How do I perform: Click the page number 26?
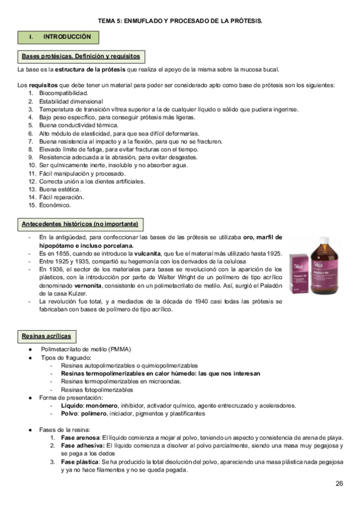340,484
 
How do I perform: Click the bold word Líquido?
73,405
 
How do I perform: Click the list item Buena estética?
59,189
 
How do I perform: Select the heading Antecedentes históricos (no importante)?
79,224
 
